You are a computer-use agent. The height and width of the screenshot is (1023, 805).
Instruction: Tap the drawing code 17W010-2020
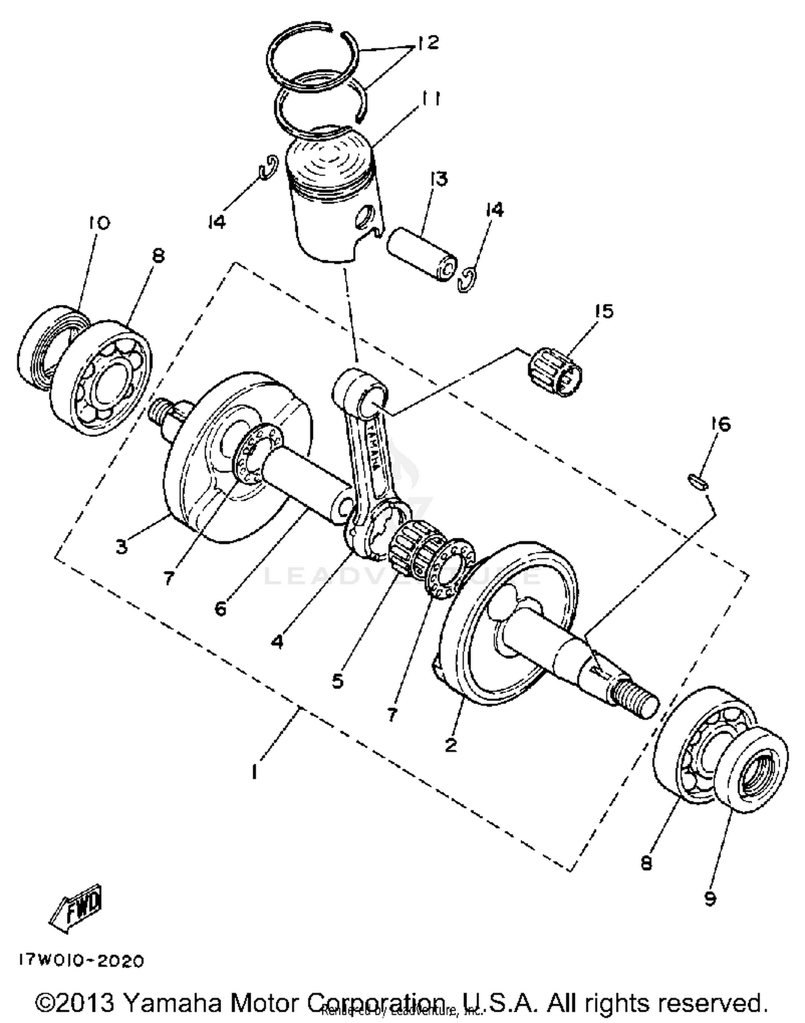pos(82,960)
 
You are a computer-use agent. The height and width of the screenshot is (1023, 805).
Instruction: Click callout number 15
pos(603,311)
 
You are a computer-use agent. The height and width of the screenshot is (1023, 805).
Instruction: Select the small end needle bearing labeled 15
pos(553,371)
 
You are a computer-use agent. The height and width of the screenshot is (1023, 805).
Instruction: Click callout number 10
pos(100,222)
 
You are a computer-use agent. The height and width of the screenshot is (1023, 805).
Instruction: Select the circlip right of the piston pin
pos(468,280)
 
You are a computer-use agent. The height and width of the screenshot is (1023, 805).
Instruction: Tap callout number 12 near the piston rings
pos(427,43)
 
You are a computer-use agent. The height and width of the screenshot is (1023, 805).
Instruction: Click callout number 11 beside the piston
pos(430,99)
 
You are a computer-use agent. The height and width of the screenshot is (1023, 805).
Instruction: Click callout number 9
pos(710,898)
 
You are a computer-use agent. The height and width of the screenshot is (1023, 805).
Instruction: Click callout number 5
pos(337,681)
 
